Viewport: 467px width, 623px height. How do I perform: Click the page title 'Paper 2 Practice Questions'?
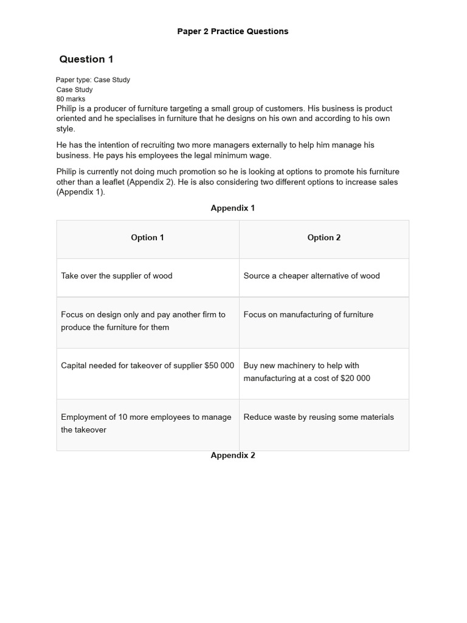233,31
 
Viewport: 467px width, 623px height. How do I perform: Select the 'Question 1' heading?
86,59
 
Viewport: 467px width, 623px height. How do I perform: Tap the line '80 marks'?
71,99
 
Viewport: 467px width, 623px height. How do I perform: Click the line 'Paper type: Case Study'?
93,80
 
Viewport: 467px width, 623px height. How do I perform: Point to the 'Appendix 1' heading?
233,208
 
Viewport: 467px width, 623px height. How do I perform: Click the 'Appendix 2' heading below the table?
233,455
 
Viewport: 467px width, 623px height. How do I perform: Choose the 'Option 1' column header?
147,238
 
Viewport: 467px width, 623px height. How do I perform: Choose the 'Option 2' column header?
324,238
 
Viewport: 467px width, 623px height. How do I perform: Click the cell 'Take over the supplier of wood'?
117,276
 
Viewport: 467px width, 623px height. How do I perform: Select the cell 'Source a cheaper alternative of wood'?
311,276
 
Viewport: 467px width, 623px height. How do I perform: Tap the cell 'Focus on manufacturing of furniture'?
308,315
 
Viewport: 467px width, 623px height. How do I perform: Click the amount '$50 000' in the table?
219,366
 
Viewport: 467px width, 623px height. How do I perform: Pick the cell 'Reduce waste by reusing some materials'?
319,417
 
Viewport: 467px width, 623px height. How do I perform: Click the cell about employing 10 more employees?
146,423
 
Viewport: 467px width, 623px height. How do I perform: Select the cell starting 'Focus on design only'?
143,321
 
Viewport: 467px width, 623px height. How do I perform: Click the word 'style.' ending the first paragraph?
66,128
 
